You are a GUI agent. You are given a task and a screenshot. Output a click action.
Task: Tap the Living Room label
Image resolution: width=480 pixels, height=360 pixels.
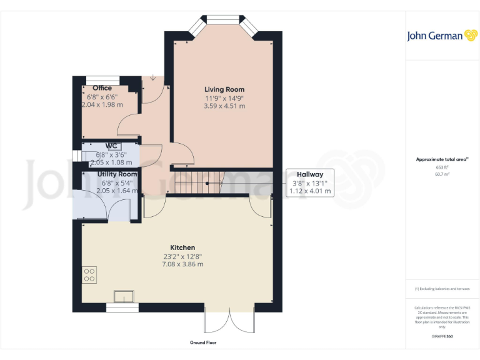(224, 89)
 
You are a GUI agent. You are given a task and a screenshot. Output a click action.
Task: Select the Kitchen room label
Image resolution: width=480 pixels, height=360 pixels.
(182, 247)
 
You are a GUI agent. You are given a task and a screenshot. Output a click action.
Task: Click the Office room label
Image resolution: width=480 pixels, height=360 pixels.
(102, 88)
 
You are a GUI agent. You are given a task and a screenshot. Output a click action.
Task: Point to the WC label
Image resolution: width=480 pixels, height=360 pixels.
(111, 146)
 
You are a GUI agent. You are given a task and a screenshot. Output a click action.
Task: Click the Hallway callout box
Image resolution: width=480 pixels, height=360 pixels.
(309, 182)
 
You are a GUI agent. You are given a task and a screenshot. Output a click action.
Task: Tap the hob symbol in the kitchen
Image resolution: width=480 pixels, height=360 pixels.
(89, 274)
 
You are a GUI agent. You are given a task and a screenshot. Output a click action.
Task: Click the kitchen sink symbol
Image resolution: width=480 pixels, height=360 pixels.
(124, 296)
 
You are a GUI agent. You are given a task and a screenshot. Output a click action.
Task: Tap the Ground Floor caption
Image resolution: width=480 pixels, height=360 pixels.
(203, 343)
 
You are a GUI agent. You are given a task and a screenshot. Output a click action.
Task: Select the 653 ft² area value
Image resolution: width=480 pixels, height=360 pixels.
(442, 167)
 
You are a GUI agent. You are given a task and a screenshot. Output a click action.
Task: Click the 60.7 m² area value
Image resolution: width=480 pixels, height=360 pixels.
(442, 174)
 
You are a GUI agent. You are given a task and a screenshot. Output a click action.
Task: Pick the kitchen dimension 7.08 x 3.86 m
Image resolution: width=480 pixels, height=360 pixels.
(182, 264)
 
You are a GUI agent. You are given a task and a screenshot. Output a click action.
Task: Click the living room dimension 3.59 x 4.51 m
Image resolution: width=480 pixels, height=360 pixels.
(224, 106)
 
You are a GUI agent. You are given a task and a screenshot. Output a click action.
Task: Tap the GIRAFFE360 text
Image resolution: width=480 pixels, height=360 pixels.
(442, 337)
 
